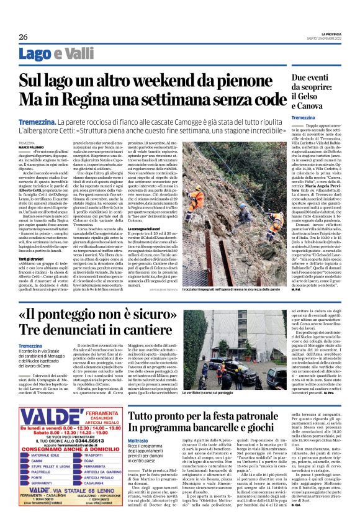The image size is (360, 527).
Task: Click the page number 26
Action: pos(23,37)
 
